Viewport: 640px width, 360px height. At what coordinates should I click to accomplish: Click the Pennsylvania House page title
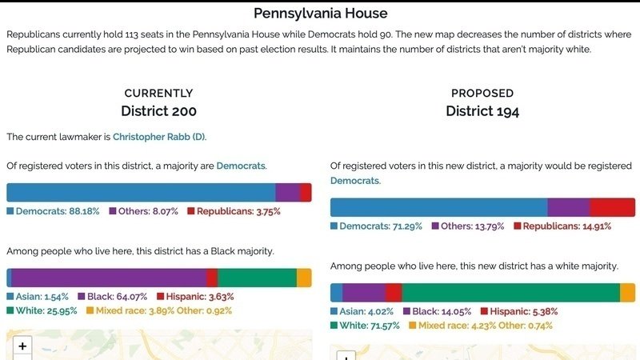320,13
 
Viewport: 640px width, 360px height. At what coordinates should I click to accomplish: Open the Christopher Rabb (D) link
159,137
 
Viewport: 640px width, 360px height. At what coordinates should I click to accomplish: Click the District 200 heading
158,111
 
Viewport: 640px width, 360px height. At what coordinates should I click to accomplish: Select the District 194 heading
482,111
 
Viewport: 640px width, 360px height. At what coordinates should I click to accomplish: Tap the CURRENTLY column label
158,93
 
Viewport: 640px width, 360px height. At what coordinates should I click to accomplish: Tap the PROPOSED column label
482,93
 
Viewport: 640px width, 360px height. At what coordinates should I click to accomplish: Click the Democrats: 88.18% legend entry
53,211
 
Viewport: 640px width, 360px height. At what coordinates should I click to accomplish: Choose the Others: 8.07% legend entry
143,211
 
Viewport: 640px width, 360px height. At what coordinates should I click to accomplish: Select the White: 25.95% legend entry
41,310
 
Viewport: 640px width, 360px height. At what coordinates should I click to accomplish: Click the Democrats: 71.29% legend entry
378,226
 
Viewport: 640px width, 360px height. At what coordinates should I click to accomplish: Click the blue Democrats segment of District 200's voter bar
141,192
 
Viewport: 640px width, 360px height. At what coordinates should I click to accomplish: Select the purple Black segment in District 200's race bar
109,278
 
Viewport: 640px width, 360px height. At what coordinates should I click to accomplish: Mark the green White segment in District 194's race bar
510,293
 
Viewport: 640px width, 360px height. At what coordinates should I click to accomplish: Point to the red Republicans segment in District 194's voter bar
612,207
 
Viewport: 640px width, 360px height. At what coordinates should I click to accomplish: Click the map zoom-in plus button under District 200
22,346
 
